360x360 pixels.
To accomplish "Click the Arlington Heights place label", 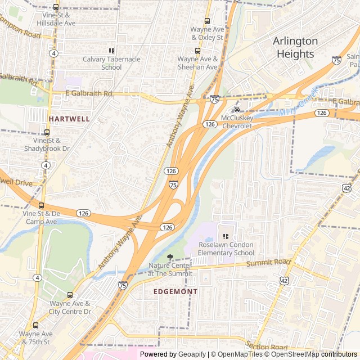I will [295, 48].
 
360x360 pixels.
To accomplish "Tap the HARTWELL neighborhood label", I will [69, 119].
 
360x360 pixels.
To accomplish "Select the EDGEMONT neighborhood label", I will [175, 291].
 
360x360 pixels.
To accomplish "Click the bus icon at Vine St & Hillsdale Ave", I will [55, 4].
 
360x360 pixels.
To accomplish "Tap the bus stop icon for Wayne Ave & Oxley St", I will [207, 21].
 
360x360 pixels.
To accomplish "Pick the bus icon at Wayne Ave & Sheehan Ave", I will [197, 51].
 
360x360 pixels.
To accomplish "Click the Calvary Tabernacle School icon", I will [111, 51].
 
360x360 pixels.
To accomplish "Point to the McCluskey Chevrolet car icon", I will [237, 109].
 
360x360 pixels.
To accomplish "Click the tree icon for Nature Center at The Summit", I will [170, 257].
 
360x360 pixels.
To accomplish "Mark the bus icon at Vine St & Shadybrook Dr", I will [47, 133].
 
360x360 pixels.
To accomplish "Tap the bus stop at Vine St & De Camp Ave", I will [40, 205].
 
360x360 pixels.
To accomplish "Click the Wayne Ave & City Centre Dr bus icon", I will [70, 295].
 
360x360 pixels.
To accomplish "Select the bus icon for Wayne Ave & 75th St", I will [36, 325].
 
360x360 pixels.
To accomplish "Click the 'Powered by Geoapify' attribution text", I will [173, 354].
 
